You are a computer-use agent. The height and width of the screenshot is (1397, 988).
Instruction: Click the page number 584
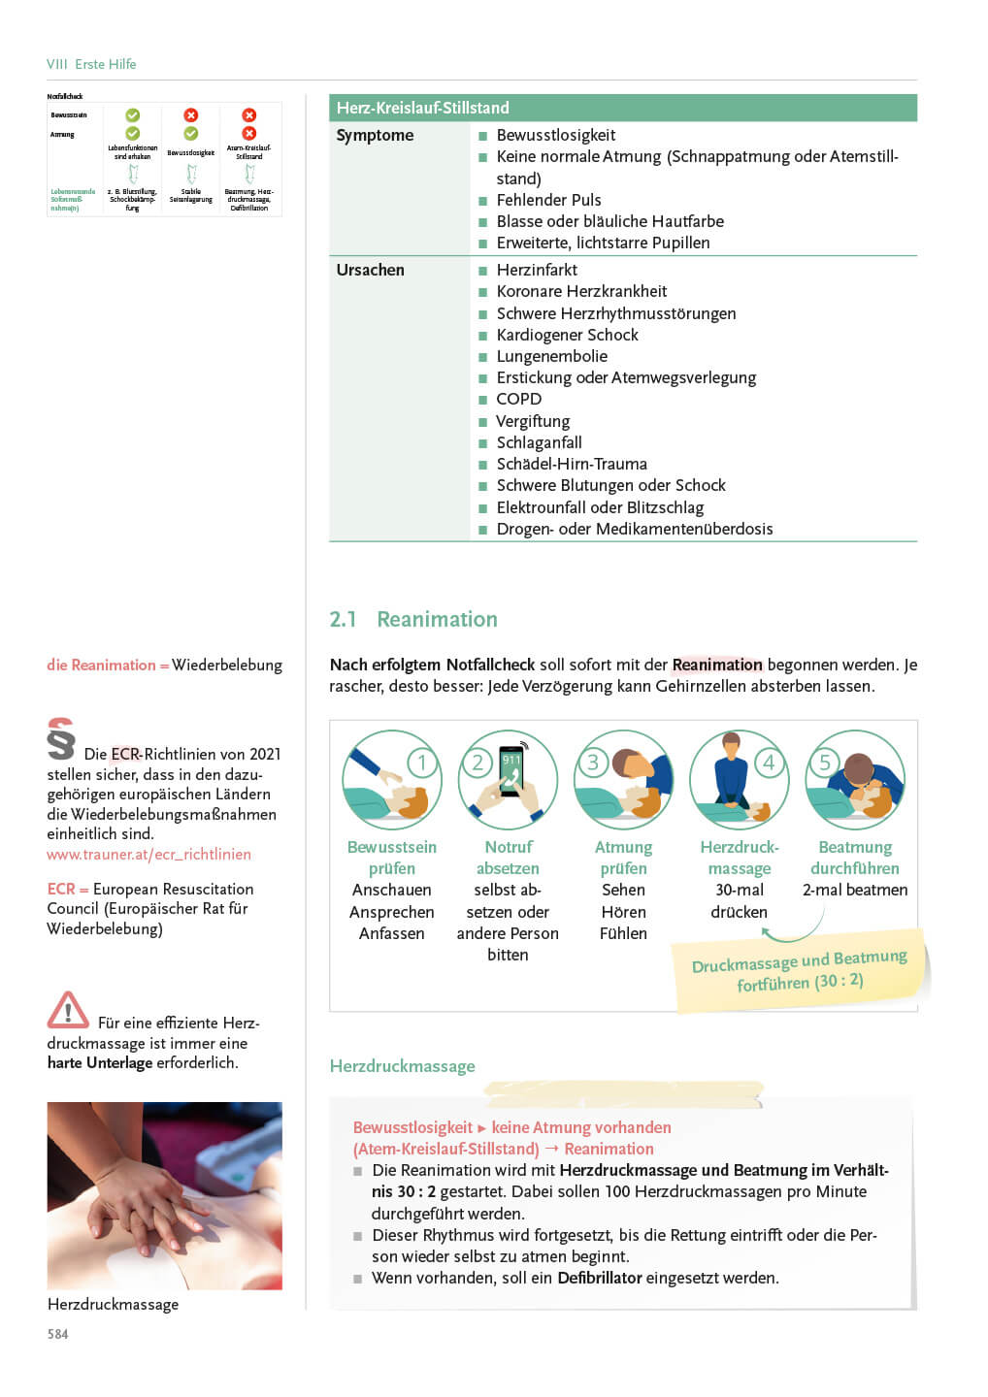click(x=58, y=1334)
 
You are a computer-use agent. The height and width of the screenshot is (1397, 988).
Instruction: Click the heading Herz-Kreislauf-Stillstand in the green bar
click(x=422, y=108)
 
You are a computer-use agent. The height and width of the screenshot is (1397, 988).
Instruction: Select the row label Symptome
click(x=375, y=136)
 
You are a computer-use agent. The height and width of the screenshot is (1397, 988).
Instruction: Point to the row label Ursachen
click(x=370, y=270)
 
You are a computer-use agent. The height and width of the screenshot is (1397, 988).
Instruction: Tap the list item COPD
click(x=518, y=399)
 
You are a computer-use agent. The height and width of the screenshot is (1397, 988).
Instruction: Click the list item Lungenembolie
click(x=551, y=356)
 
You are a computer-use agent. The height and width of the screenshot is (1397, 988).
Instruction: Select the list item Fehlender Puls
click(x=548, y=200)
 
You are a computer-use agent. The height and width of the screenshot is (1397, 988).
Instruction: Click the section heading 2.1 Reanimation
click(x=413, y=619)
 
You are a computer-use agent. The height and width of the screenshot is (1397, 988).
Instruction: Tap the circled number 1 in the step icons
click(x=422, y=763)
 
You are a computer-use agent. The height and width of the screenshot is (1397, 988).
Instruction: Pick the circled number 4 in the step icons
click(x=769, y=763)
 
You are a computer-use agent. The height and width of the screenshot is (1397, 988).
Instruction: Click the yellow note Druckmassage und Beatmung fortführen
click(x=799, y=971)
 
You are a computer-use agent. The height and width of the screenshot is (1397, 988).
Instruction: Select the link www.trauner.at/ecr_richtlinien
click(x=148, y=854)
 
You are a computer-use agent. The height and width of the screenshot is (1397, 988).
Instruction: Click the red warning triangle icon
click(x=67, y=1011)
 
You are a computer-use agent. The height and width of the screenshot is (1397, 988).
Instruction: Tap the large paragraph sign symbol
click(x=60, y=739)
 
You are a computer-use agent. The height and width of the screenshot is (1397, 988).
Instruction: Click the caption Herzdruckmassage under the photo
click(x=113, y=1304)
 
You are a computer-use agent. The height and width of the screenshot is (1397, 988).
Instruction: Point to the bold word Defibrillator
click(x=599, y=1278)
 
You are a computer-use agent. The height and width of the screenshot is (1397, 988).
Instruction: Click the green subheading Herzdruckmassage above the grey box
click(x=402, y=1066)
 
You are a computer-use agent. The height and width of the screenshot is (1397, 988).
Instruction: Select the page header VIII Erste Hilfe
click(x=91, y=64)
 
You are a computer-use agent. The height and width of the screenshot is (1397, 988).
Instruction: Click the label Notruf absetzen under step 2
click(x=508, y=858)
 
